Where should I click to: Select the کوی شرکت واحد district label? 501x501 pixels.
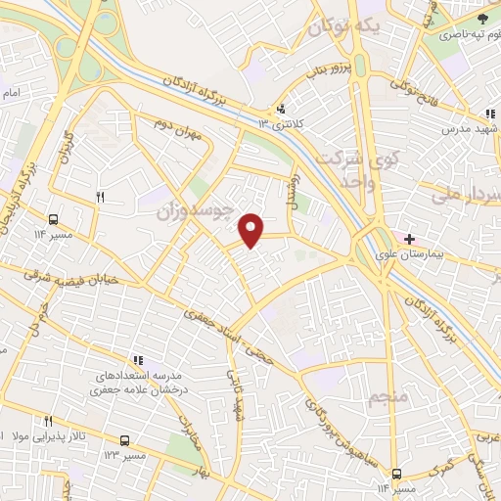pyautogui.click(x=358, y=168)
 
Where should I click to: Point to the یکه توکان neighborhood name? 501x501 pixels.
pyautogui.click(x=341, y=27)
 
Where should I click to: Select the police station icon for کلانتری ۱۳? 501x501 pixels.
pyautogui.click(x=282, y=109)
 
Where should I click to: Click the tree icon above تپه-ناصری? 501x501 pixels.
pyautogui.click(x=480, y=19)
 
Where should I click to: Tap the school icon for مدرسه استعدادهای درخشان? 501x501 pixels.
pyautogui.click(x=138, y=360)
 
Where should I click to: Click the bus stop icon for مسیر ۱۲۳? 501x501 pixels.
pyautogui.click(x=124, y=441)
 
